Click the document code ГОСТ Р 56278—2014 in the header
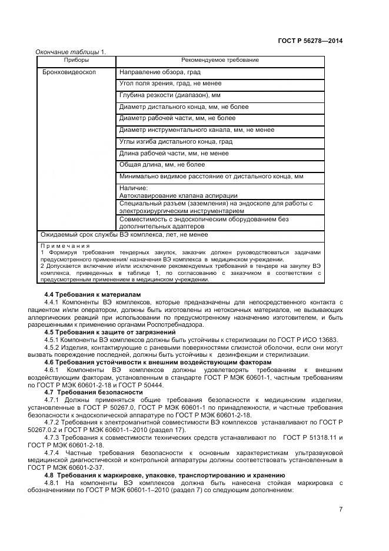pos(310,41)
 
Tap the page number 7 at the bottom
pos(341,509)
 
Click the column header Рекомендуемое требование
pos(220,60)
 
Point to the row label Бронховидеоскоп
pos(69,72)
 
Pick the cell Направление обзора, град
pos(159,72)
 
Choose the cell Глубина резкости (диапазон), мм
pos(169,95)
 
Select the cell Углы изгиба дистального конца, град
pos(175,142)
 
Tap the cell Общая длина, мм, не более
pos(162,165)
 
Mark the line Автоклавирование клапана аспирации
pos(178,195)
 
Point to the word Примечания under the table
pos(65,245)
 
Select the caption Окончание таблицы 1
pos(71,52)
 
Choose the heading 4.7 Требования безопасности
pos(94,392)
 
